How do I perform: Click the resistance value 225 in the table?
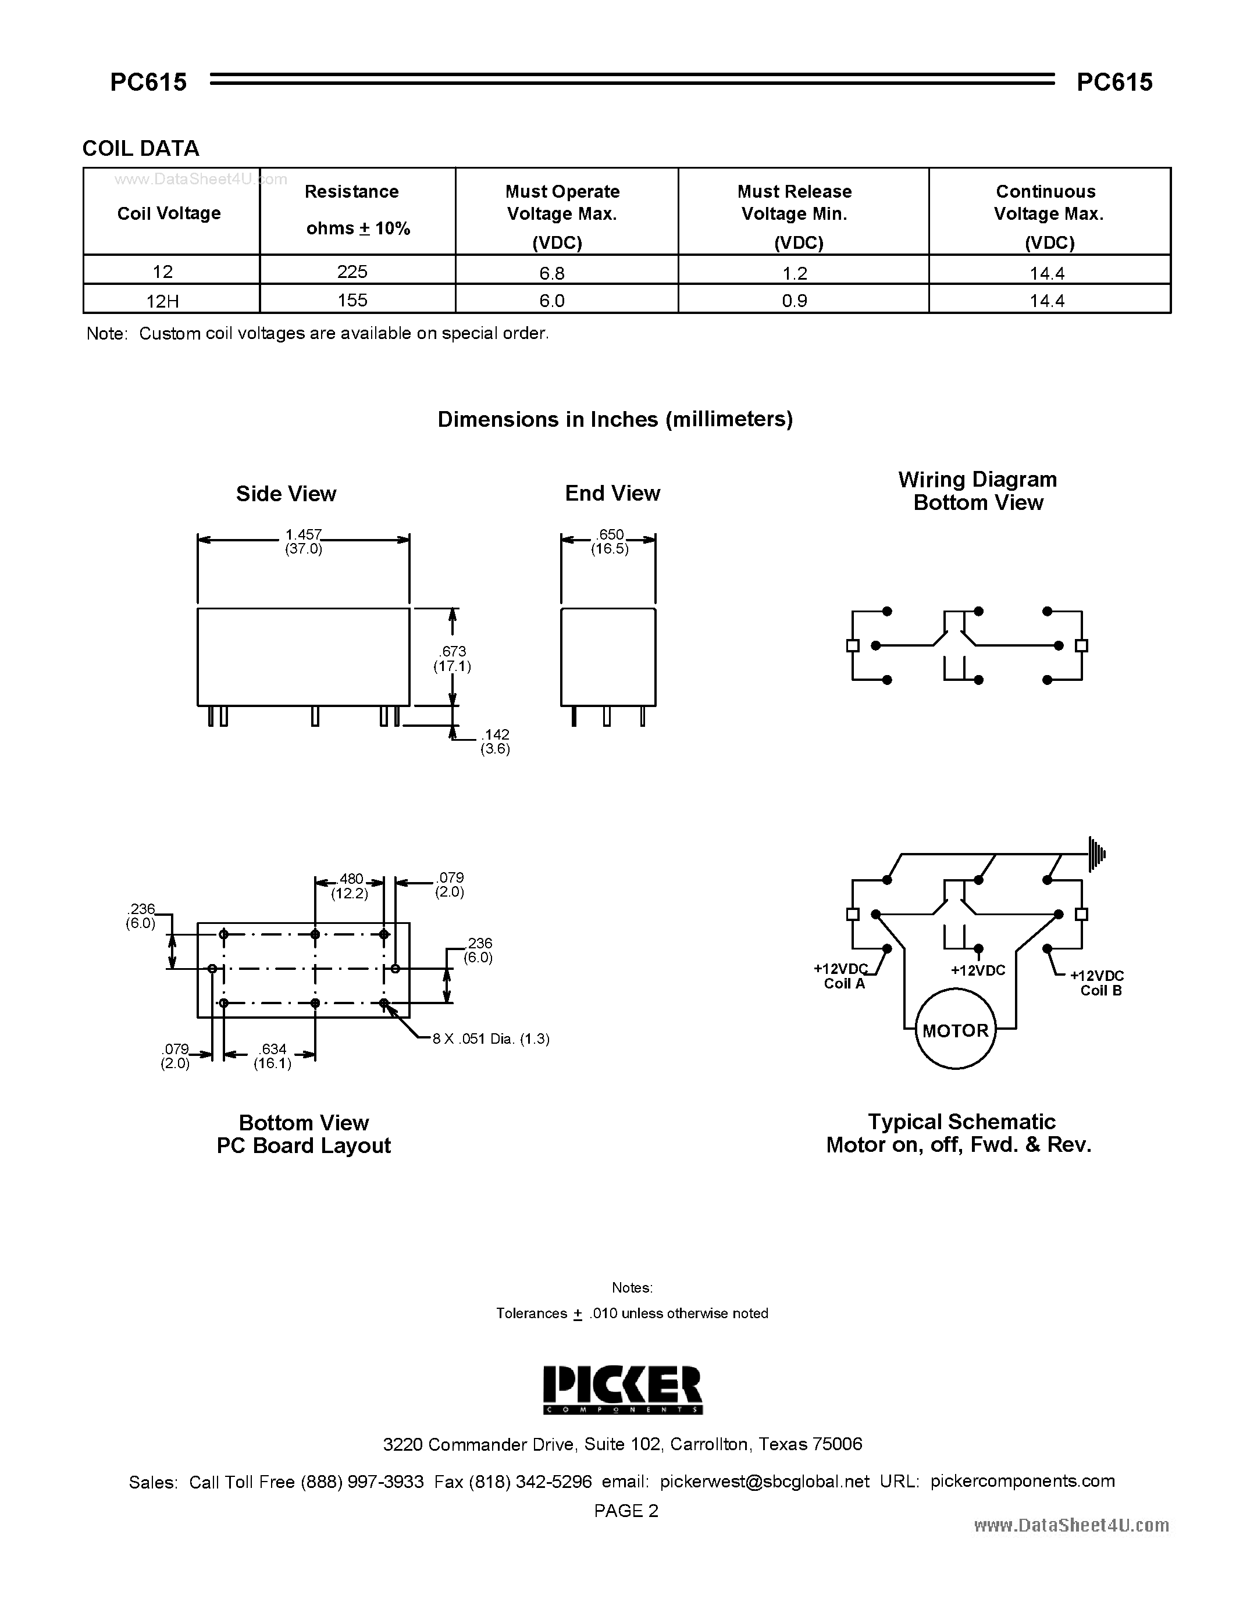tap(352, 272)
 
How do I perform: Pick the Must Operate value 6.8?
tap(552, 273)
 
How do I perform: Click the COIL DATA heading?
tap(141, 149)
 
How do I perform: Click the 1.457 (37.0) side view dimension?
tap(304, 542)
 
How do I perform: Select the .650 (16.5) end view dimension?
tap(610, 542)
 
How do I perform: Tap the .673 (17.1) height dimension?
tap(453, 658)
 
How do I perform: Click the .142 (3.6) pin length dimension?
tap(495, 741)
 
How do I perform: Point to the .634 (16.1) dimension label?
tap(272, 1056)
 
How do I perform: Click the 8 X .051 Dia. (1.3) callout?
tap(490, 1038)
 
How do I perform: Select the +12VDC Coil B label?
tap(1098, 983)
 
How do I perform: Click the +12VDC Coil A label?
tap(843, 976)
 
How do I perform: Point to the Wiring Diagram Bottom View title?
tap(978, 491)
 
